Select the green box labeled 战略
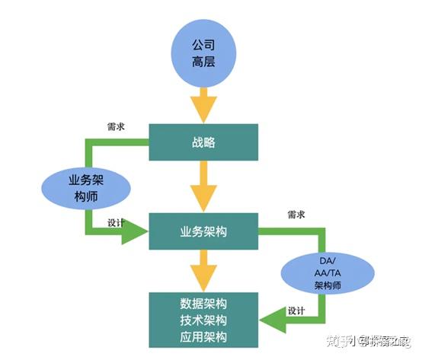[203, 142]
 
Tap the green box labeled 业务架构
[203, 231]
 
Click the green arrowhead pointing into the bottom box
[273, 321]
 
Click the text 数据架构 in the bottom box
[203, 303]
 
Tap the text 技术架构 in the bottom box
[203, 320]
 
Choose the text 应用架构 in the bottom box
[203, 336]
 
